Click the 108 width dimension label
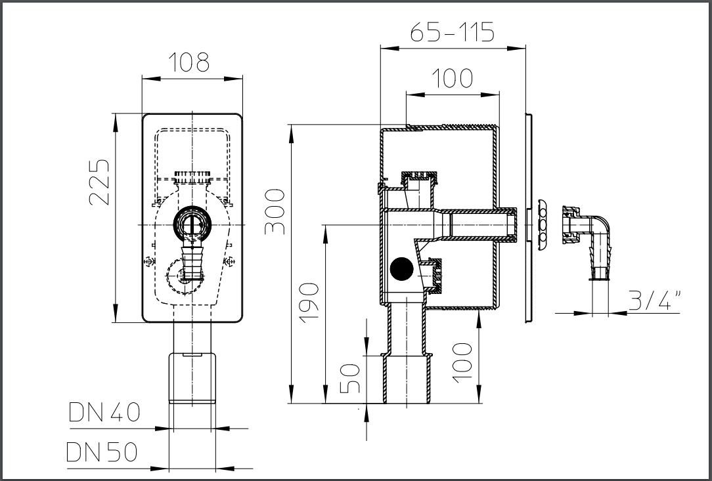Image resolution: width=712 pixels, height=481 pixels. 189,62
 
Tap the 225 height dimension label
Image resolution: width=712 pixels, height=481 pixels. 99,182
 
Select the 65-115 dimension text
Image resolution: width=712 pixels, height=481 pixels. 453,32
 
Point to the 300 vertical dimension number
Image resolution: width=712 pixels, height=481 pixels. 275,211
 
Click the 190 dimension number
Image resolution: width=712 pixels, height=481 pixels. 309,303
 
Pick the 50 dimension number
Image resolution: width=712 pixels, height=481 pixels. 350,379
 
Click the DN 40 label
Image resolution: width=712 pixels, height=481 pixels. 104,412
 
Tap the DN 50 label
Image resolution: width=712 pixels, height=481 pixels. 102,452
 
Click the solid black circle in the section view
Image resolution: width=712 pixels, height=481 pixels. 401,268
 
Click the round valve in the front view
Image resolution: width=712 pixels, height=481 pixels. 192,224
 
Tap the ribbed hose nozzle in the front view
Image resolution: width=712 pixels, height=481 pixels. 190,262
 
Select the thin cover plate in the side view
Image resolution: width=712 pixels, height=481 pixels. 529,219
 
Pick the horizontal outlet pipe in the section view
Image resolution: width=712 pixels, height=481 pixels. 476,224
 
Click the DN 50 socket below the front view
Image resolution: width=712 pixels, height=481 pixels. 192,378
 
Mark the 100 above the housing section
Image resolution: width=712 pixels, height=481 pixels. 452,78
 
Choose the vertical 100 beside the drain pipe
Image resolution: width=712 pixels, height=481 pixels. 462,363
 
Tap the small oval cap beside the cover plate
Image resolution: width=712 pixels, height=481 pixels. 542,224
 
